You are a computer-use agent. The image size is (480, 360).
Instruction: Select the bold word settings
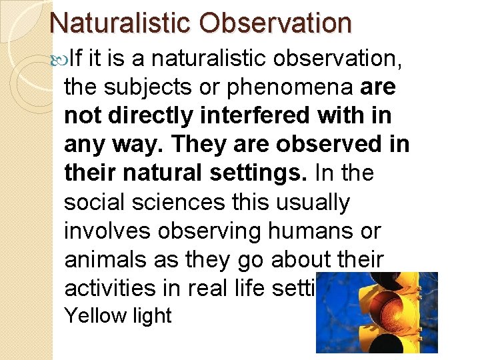click(x=259, y=173)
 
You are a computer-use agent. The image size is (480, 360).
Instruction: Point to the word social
click(x=93, y=202)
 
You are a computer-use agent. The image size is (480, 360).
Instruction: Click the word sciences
click(x=173, y=202)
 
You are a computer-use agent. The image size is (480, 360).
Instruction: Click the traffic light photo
click(x=377, y=312)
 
